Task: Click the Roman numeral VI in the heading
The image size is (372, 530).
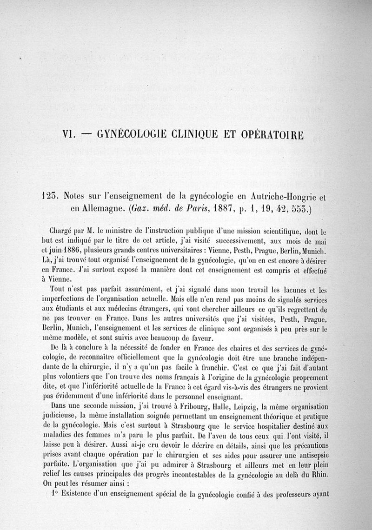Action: (70, 135)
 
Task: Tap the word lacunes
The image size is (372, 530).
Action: (287, 290)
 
